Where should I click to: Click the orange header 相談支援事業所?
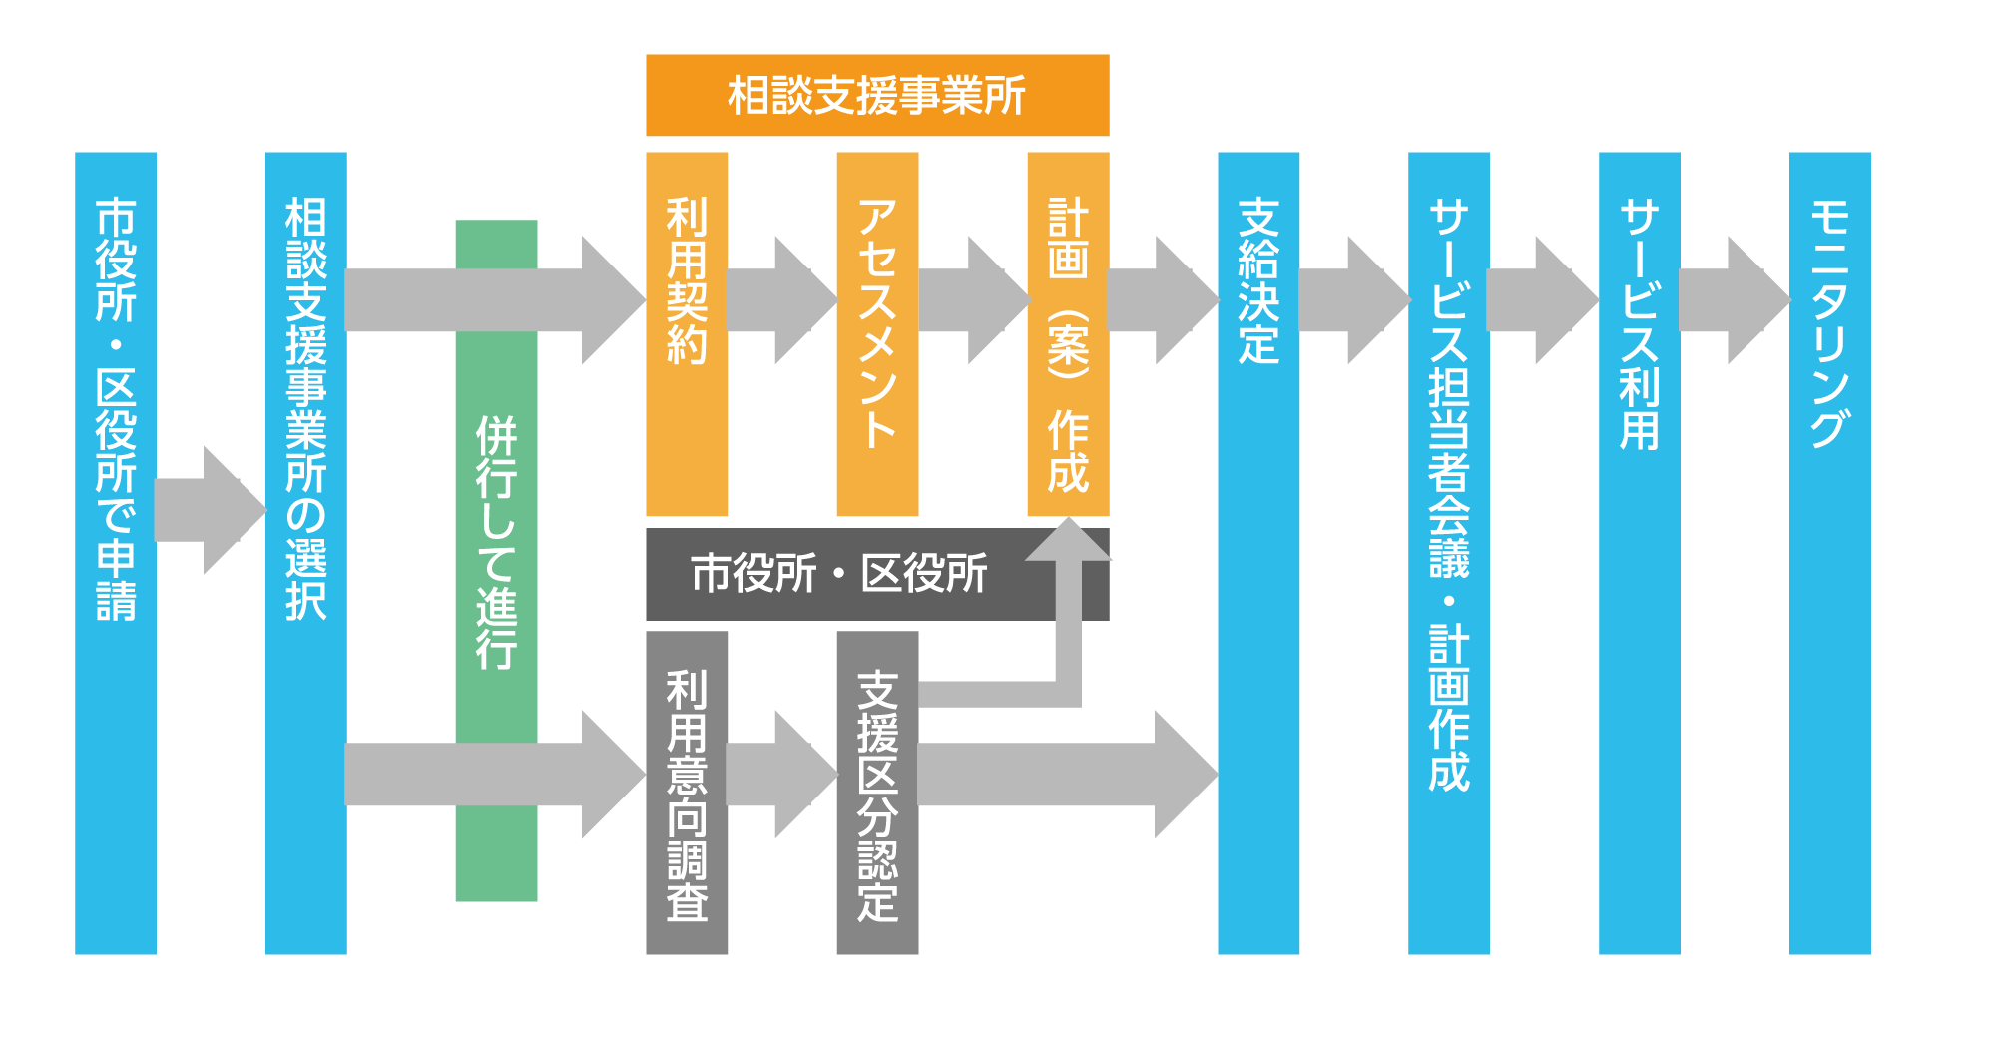click(x=877, y=95)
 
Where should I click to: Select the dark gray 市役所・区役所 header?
click(x=877, y=574)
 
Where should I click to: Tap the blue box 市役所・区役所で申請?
click(x=116, y=553)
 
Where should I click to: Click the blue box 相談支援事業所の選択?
click(x=306, y=553)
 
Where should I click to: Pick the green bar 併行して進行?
click(x=496, y=561)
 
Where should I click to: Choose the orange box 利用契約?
click(x=687, y=334)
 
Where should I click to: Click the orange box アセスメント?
click(x=877, y=334)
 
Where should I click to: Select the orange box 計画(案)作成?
click(x=1068, y=334)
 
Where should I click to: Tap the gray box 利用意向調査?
click(x=687, y=793)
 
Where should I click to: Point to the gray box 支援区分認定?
click(x=877, y=793)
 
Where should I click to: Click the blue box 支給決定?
click(x=1258, y=553)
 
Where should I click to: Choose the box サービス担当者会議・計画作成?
click(x=1449, y=553)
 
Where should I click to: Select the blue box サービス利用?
click(x=1640, y=553)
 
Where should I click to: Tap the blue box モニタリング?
click(x=1830, y=553)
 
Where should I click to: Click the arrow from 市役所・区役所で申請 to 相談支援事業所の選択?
click(x=211, y=510)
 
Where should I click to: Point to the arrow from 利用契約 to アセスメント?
click(x=781, y=300)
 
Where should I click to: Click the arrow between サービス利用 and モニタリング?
click(x=1735, y=300)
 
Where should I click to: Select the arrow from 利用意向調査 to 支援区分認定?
click(x=781, y=774)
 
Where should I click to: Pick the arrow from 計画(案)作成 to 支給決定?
click(x=1164, y=300)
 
